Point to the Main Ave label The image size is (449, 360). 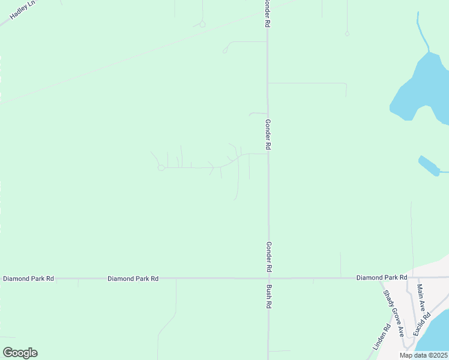click(x=421, y=298)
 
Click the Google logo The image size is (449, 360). click(x=20, y=353)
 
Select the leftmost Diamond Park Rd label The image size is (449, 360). click(x=28, y=278)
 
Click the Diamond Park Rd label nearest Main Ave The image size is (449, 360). click(x=382, y=278)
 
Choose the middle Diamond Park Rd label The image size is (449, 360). click(x=133, y=278)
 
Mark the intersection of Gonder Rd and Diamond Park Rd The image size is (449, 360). click(x=268, y=278)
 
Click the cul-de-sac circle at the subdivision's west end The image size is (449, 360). click(x=161, y=168)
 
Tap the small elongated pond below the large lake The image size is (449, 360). click(x=429, y=166)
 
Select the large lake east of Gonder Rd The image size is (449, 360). click(x=420, y=87)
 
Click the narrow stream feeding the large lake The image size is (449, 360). click(x=423, y=33)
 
